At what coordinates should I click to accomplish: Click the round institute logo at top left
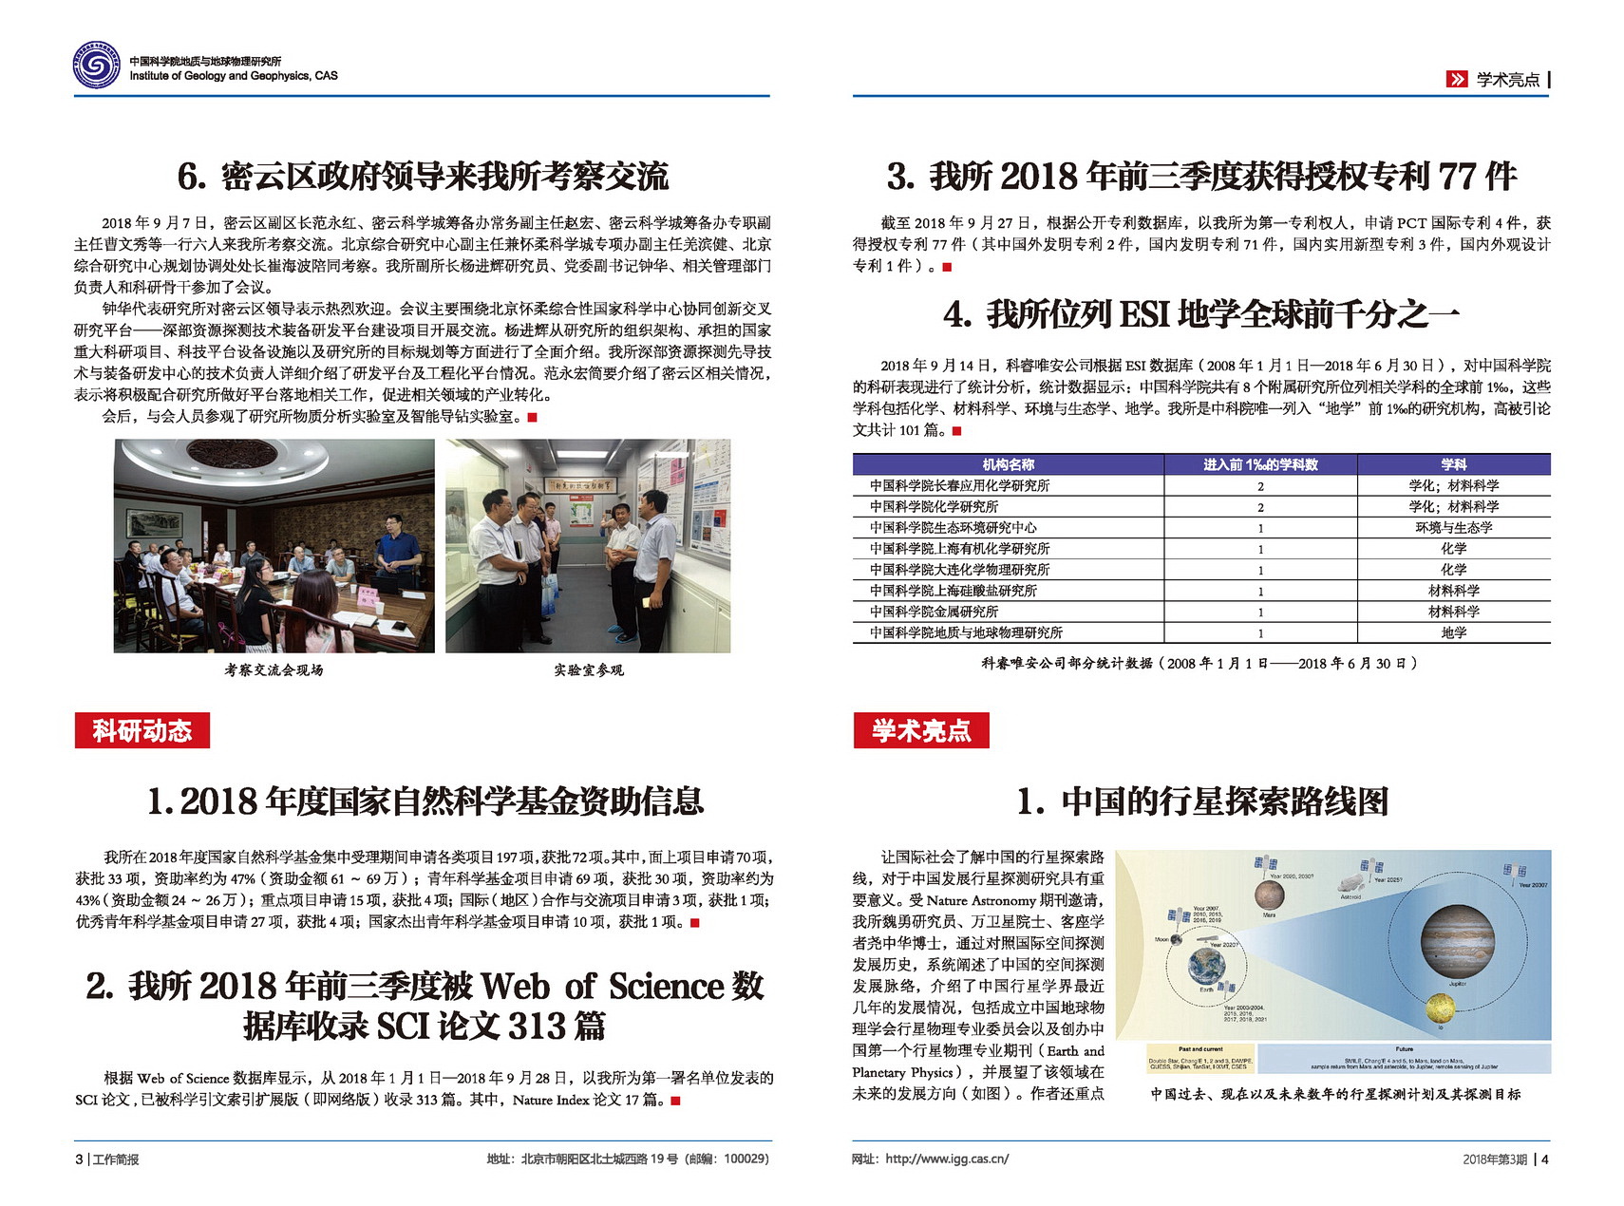click(97, 66)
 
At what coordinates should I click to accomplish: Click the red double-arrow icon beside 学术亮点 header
click(1456, 80)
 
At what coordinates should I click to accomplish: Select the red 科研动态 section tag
click(142, 730)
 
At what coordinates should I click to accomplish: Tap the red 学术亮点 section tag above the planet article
click(920, 730)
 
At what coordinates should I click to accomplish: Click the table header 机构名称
click(1008, 464)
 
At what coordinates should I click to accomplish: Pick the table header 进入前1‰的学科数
click(1260, 464)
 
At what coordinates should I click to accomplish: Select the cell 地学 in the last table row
click(1453, 632)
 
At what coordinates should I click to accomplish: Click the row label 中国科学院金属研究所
click(934, 612)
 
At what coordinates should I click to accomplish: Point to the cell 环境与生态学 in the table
click(1453, 527)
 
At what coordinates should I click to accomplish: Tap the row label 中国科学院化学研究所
click(934, 506)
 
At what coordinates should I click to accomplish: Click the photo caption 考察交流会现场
click(274, 670)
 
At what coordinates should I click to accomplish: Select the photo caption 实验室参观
click(589, 670)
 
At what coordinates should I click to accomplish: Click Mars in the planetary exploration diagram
click(1269, 895)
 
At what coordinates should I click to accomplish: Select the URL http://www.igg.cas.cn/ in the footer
click(947, 1159)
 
